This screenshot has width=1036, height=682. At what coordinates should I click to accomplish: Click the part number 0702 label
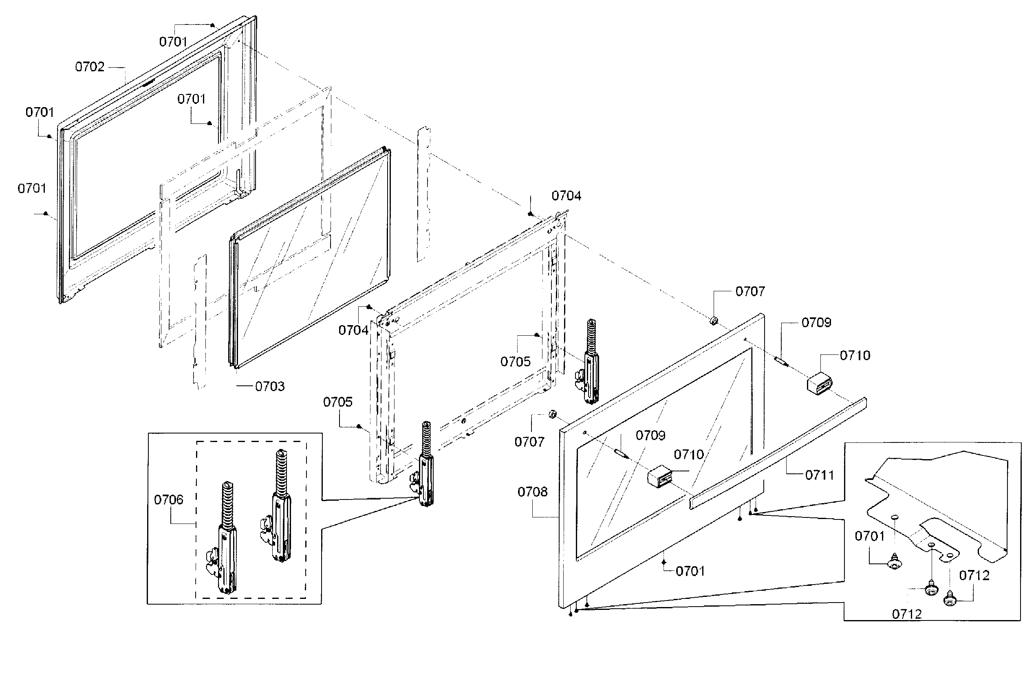pyautogui.click(x=90, y=66)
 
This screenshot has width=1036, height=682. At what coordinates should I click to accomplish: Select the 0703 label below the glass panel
pyautogui.click(x=269, y=387)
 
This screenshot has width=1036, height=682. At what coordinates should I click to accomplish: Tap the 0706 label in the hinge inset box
pyautogui.click(x=168, y=499)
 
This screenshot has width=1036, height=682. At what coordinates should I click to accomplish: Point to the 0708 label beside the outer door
pyautogui.click(x=532, y=492)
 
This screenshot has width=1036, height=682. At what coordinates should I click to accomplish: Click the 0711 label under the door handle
pyautogui.click(x=819, y=475)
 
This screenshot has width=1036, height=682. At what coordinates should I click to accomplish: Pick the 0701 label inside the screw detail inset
pyautogui.click(x=869, y=536)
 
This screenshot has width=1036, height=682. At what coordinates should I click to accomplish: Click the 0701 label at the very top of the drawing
pyautogui.click(x=173, y=42)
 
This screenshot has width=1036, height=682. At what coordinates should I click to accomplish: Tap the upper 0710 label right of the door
pyautogui.click(x=855, y=356)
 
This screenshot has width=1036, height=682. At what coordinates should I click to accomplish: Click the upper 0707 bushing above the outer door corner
pyautogui.click(x=714, y=321)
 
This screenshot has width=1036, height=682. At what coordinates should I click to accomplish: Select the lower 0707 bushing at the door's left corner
pyautogui.click(x=552, y=414)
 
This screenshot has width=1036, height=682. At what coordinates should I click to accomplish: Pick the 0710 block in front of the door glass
pyautogui.click(x=659, y=475)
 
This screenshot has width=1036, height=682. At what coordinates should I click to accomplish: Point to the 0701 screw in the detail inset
pyautogui.click(x=894, y=562)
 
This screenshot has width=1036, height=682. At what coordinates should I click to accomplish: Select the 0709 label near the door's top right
pyautogui.click(x=816, y=323)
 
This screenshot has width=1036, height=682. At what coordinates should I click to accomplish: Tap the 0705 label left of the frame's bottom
pyautogui.click(x=337, y=402)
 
